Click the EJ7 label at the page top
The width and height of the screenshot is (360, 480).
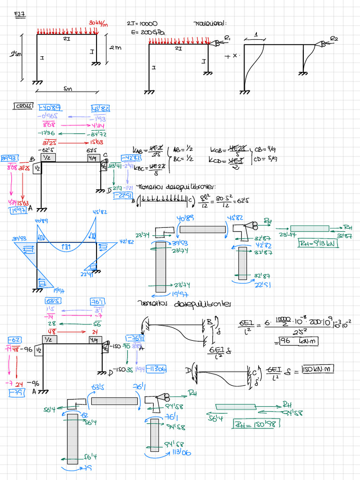(x=20, y=15)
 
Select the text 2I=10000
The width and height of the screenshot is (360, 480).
(x=142, y=23)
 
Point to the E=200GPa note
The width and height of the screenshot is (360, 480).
(x=149, y=33)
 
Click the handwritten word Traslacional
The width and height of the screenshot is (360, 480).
(x=210, y=23)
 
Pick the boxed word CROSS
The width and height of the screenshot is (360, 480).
(x=23, y=106)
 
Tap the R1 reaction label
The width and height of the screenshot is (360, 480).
(x=227, y=37)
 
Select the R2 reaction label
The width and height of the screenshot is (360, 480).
(x=334, y=38)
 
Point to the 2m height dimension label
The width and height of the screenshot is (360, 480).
(x=115, y=47)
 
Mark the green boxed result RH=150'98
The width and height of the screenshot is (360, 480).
(x=256, y=424)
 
